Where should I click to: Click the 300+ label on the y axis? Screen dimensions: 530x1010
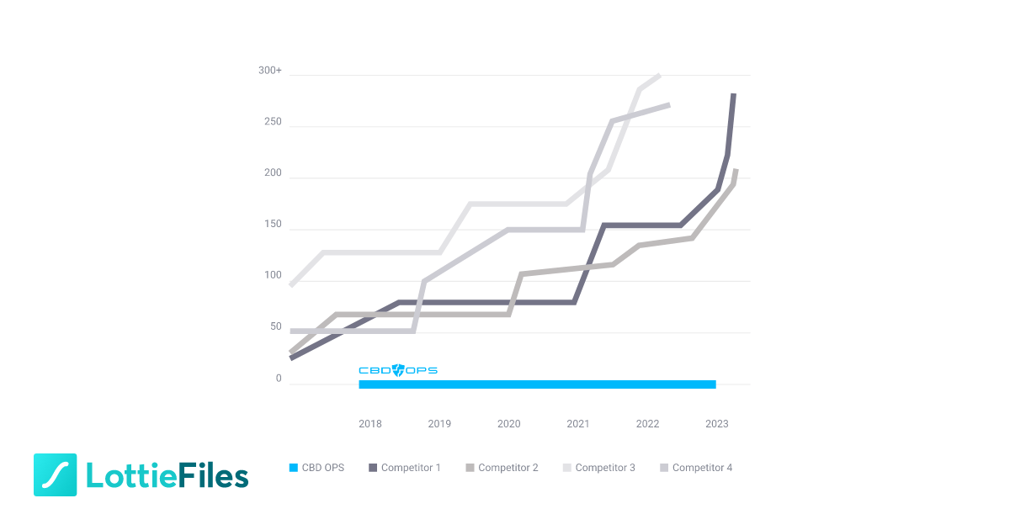tap(270, 71)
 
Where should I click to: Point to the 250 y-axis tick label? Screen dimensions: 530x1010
tap(273, 122)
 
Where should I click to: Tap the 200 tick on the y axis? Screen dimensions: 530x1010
tap(273, 173)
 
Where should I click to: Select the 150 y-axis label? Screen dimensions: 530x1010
tap(273, 225)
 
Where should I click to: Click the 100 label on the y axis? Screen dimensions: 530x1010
tap(273, 276)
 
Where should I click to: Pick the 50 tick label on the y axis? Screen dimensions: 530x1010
tap(275, 327)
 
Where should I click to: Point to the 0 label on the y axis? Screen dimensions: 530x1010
tap(279, 379)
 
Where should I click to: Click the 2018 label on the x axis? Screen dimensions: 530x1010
tap(370, 424)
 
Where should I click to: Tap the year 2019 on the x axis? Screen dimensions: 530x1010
tap(439, 424)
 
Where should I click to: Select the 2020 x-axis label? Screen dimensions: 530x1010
tap(509, 424)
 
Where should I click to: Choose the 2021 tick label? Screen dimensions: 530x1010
tap(578, 424)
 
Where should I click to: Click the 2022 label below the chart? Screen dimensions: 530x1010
tap(647, 424)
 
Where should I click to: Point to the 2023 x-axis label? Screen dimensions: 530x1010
tap(717, 424)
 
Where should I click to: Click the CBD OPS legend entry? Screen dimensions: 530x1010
tap(316, 468)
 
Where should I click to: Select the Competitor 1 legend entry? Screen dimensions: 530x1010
tap(404, 468)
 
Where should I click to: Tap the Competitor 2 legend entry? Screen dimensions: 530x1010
tap(502, 468)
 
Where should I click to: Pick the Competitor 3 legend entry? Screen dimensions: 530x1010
tap(598, 468)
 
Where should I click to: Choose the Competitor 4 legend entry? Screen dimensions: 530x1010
tap(696, 468)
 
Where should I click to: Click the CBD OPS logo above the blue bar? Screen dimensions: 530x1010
tap(398, 370)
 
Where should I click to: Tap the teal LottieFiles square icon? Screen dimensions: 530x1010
tap(56, 474)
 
